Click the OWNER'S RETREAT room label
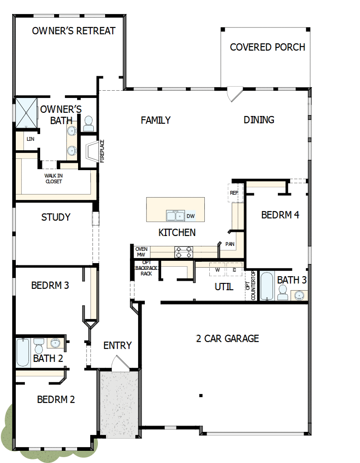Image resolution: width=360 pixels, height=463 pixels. click(x=74, y=31)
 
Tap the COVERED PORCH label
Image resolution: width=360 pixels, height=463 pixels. click(x=267, y=47)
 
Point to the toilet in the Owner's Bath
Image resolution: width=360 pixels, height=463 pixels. click(x=88, y=122)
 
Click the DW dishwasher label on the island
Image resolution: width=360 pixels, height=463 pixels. click(x=190, y=216)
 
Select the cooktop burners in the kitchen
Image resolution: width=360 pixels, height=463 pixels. click(x=184, y=252)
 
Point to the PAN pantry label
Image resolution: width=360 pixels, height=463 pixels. click(x=230, y=244)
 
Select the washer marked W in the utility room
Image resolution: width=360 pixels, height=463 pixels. click(x=217, y=270)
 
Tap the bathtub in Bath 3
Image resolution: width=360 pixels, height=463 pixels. click(x=267, y=286)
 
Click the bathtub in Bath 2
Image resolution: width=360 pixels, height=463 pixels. click(x=23, y=352)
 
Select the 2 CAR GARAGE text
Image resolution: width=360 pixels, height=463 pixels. click(x=227, y=338)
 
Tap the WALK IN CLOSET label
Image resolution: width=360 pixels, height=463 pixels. click(x=53, y=178)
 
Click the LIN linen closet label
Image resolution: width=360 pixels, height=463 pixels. click(x=30, y=139)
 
